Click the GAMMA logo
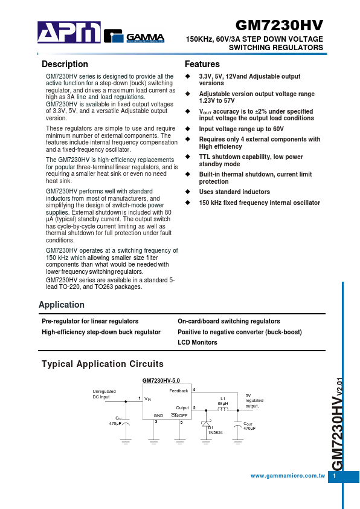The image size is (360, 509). click(134, 36)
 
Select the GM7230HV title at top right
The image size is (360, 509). click(278, 25)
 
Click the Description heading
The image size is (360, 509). click(65, 65)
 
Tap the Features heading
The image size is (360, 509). click(202, 65)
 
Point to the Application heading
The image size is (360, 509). click(61, 304)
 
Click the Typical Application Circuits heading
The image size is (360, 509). click(102, 364)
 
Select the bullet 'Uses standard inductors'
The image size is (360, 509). click(234, 192)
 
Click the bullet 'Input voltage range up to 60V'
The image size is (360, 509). click(241, 129)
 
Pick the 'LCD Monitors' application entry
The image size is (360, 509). click(197, 342)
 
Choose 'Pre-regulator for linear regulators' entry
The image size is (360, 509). click(89, 321)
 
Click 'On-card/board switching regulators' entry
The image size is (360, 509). click(228, 321)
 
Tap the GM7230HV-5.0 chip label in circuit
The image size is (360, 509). click(161, 381)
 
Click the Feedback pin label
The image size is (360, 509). click(179, 391)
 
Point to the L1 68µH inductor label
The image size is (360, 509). click(222, 401)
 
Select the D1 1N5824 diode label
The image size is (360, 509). click(214, 430)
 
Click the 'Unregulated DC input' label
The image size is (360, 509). click(101, 394)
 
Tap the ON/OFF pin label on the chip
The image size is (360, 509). click(179, 415)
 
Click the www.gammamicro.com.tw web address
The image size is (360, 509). click(288, 476)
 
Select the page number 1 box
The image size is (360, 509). click(335, 476)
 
